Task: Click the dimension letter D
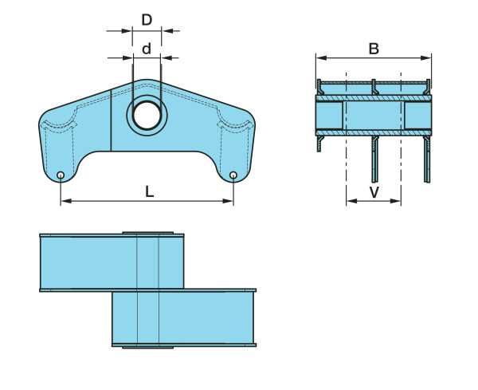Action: click(x=147, y=20)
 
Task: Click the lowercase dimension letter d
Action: click(x=147, y=49)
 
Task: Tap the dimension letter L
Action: click(x=149, y=192)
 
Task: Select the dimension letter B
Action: click(x=374, y=49)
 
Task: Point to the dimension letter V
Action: click(x=374, y=192)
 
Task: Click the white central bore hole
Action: click(x=147, y=116)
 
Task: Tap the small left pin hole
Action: click(x=61, y=175)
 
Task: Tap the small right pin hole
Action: click(x=233, y=175)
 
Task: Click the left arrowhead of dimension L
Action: click(x=66, y=201)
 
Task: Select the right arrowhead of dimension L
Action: click(x=228, y=201)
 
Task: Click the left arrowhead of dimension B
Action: click(x=321, y=57)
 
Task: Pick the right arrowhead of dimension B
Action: click(x=426, y=57)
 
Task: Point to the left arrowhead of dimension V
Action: click(x=352, y=201)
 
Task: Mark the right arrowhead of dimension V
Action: click(x=396, y=201)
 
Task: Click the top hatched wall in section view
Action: click(x=374, y=98)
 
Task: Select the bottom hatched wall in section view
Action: click(x=374, y=132)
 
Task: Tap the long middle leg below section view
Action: click(x=374, y=159)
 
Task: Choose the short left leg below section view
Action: click(x=319, y=144)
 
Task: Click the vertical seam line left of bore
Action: click(x=111, y=120)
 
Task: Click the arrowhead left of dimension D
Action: click(x=127, y=31)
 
